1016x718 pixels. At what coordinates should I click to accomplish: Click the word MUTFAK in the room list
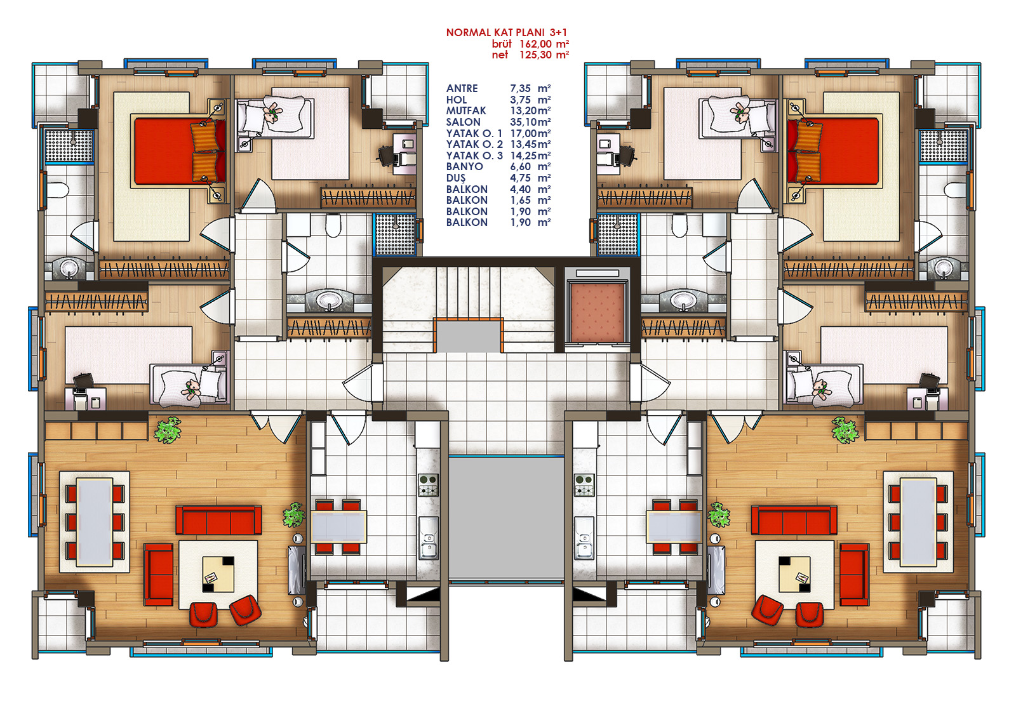(466, 110)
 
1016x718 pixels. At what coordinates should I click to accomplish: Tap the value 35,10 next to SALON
(523, 122)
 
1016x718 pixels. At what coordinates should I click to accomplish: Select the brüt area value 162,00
(535, 44)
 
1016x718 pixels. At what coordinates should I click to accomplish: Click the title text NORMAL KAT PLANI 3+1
(506, 32)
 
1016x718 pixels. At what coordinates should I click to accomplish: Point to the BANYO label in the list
(464, 166)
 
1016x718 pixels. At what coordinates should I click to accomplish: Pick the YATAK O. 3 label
(474, 156)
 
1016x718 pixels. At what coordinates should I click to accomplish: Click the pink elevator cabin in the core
(597, 314)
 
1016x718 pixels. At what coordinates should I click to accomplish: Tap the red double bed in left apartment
(180, 151)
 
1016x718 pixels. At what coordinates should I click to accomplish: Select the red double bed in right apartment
(832, 151)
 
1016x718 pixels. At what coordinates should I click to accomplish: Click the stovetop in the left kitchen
(428, 485)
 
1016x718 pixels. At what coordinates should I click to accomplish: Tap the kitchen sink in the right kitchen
(584, 538)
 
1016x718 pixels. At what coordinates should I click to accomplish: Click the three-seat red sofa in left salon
(218, 520)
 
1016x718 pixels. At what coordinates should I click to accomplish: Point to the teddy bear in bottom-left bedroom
(191, 388)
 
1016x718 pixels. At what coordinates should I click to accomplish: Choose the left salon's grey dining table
(95, 522)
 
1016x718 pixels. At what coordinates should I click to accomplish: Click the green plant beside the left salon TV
(293, 514)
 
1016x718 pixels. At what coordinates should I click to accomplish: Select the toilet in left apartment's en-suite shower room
(57, 190)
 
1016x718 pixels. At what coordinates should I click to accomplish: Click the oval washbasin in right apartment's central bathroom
(683, 300)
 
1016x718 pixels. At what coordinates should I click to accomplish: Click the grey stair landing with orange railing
(469, 335)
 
